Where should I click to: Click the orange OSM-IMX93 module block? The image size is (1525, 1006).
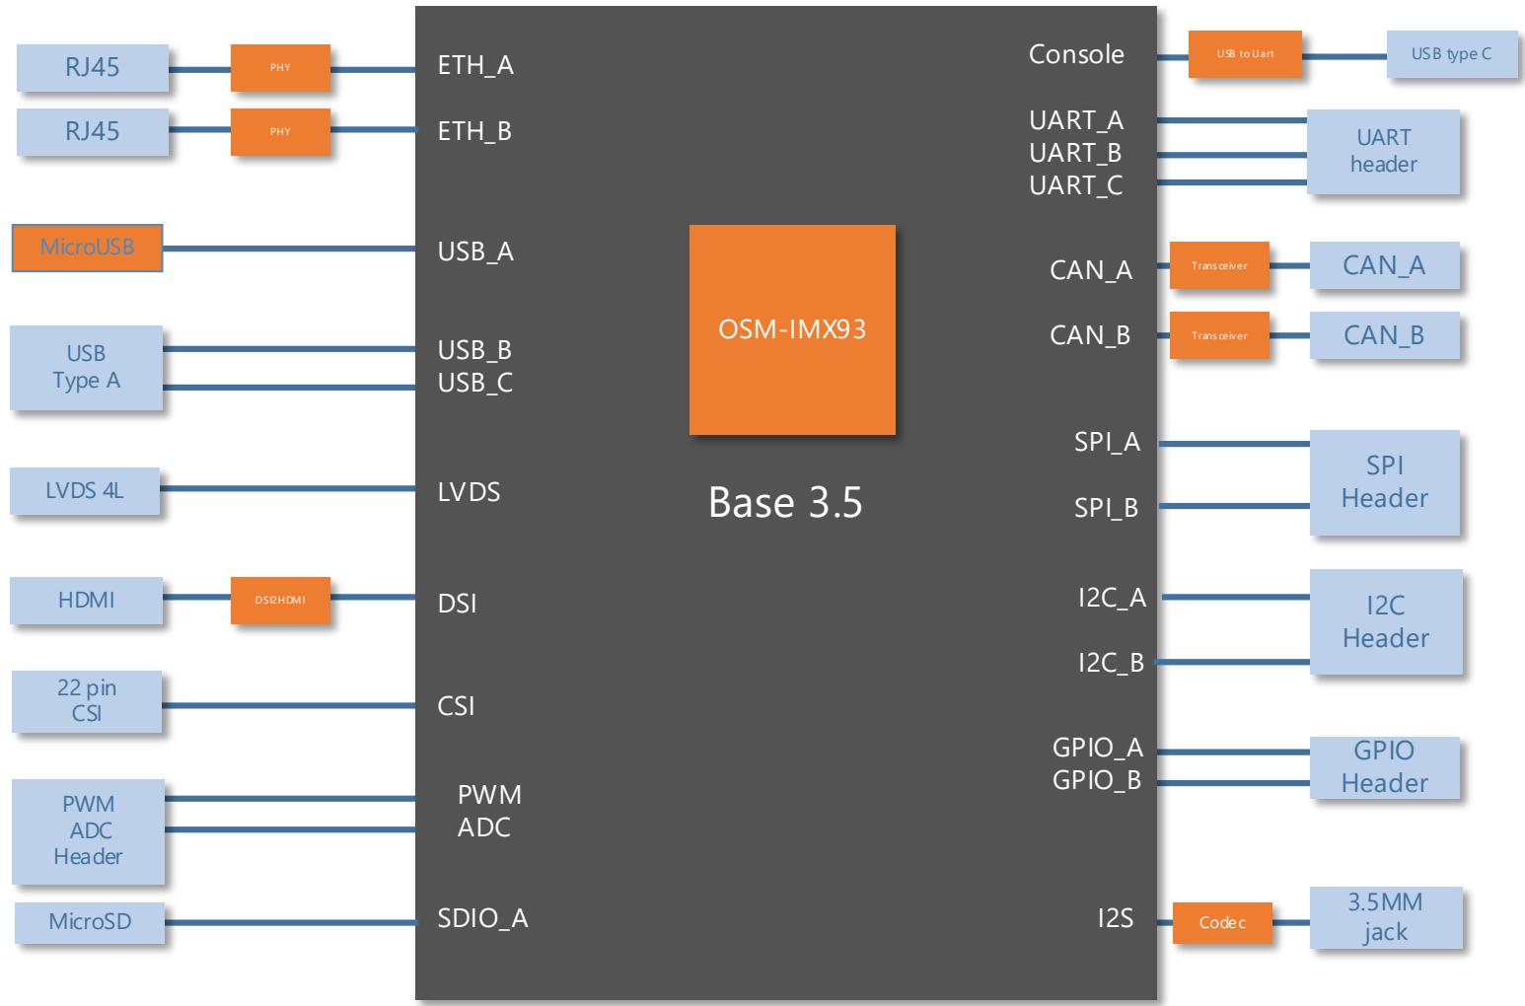point(792,329)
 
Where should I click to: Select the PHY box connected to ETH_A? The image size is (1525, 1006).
point(280,67)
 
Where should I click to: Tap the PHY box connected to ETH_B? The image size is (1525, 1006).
point(280,131)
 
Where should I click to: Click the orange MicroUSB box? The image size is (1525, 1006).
point(87,248)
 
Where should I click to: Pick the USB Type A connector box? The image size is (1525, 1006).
point(87,368)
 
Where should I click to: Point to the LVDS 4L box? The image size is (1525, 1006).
point(85,490)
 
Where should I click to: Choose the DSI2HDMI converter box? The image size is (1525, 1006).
point(280,601)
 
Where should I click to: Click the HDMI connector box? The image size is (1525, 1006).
point(87,601)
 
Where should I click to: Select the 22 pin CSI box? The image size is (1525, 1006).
point(87,701)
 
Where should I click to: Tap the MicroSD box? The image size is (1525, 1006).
point(90,922)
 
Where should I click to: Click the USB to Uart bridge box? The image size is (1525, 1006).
point(1245,54)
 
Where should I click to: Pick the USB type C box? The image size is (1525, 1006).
point(1451,54)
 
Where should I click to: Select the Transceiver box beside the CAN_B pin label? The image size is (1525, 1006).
point(1219,335)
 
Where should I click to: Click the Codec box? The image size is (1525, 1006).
point(1222,923)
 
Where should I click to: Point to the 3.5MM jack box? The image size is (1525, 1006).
point(1386,917)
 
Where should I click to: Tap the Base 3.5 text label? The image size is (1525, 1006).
point(785,502)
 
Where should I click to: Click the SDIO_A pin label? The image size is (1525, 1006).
point(482,919)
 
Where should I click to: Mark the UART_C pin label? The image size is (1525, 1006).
point(1075,185)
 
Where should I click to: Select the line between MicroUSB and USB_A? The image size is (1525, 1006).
point(289,249)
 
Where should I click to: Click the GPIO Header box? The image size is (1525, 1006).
point(1384,767)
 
